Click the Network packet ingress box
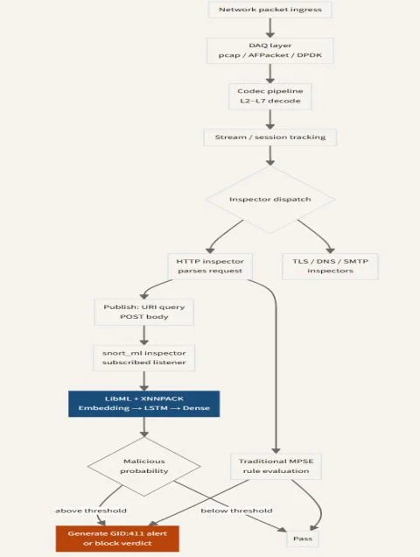coord(270,10)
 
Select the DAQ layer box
coord(270,51)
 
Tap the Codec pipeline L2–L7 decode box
coord(270,96)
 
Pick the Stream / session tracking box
coord(270,137)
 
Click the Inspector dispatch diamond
coord(270,200)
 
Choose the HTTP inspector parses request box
coord(210,266)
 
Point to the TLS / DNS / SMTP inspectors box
coord(330,266)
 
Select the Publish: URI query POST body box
coord(144,312)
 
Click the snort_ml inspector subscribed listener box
coord(144,357)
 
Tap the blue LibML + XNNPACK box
coord(144,404)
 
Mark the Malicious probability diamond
coord(144,466)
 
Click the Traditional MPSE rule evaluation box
coord(276,466)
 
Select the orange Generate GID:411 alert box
coord(117,539)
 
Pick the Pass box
coord(303,539)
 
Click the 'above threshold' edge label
coord(91,511)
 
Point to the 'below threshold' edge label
coord(236,511)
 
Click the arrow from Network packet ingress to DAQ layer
coord(270,28)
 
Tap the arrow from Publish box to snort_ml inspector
coord(144,335)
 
